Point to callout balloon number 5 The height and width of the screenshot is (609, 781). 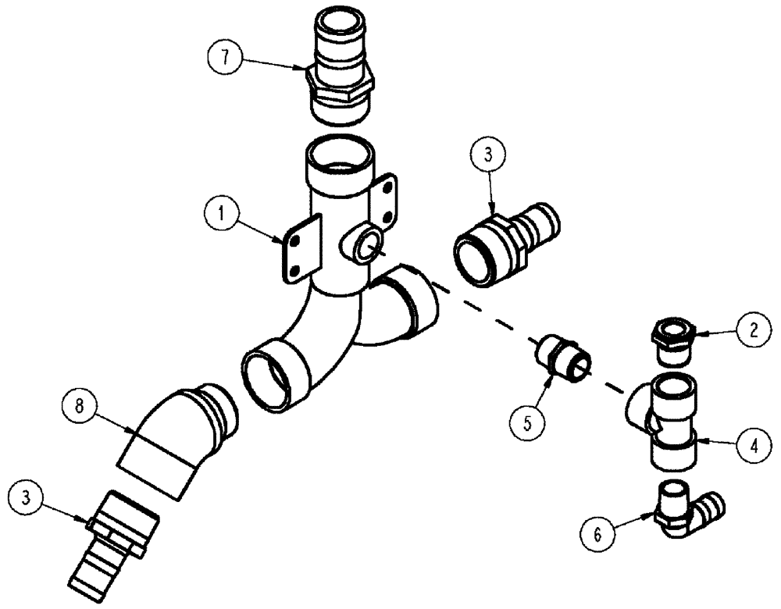coord(526,422)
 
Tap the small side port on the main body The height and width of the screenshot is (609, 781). coord(364,247)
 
